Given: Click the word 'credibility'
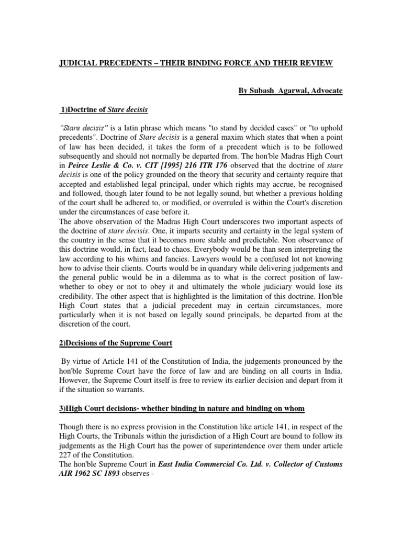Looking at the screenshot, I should [x=77, y=298].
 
